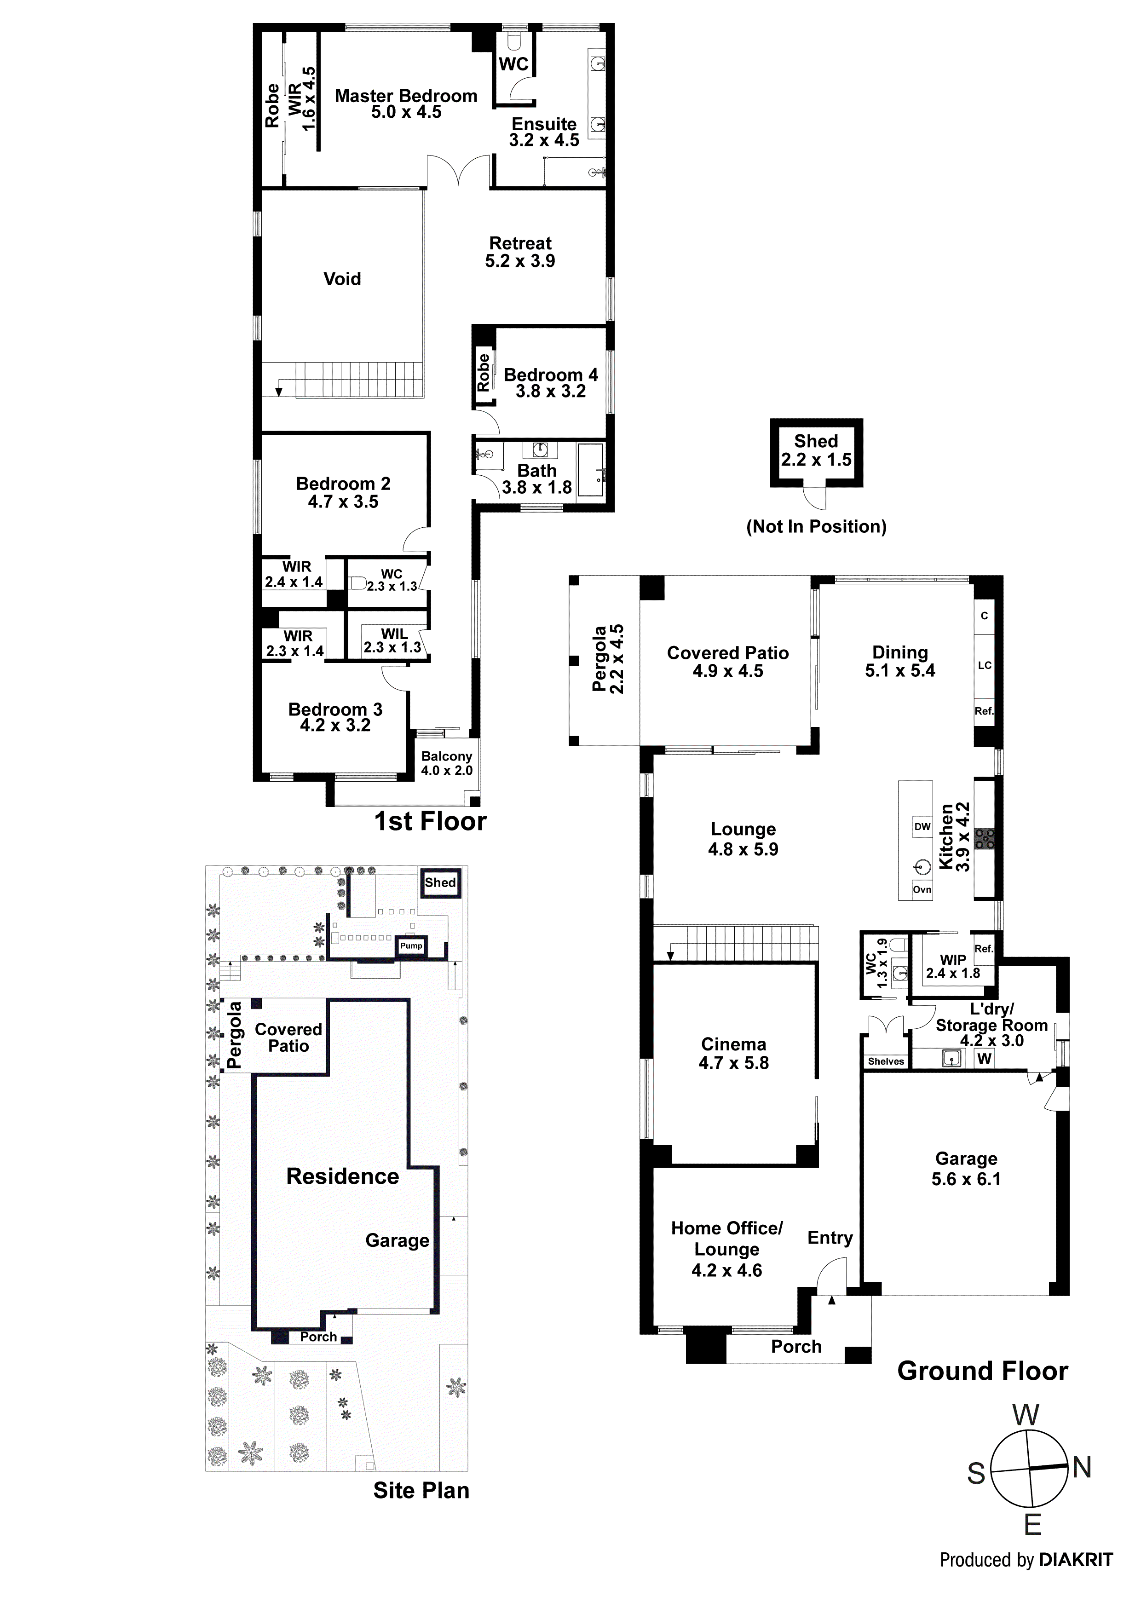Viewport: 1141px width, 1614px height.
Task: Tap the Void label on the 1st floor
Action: point(342,279)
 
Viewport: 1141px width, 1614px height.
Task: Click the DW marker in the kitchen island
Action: point(922,827)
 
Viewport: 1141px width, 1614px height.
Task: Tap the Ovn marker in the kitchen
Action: point(922,889)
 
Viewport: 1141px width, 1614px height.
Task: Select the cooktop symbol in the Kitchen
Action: point(985,839)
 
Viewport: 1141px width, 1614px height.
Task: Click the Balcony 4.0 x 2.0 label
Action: point(446,763)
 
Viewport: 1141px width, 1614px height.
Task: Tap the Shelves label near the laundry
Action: point(886,1061)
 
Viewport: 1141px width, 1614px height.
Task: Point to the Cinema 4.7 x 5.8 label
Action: point(733,1054)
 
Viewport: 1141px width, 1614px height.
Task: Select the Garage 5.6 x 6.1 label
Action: point(966,1169)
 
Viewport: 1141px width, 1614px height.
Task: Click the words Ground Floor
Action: point(982,1372)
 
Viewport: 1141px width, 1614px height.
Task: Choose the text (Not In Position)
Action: point(816,526)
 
